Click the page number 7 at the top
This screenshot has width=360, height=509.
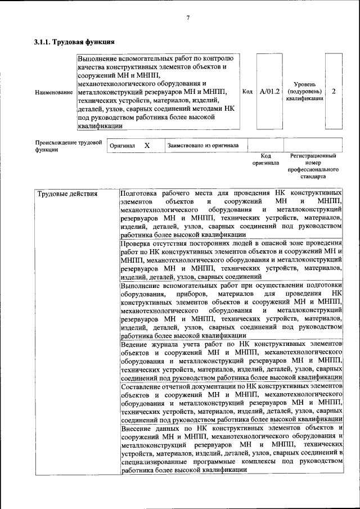point(188,17)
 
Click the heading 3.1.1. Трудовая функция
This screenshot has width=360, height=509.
point(74,42)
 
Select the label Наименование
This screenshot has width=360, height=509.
point(53,91)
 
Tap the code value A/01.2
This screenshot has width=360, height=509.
point(270,91)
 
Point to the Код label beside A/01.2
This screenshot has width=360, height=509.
point(247,91)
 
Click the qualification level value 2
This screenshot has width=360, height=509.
point(334,91)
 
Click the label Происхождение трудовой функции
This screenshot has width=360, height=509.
point(67,146)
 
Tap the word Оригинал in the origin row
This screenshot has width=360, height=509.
point(122,145)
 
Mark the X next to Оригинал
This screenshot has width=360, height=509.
point(147,145)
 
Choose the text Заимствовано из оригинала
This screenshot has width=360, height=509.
point(203,145)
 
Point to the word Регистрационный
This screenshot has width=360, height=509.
point(313,155)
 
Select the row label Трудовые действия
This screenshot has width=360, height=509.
point(67,194)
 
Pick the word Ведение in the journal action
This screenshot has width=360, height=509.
point(136,343)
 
